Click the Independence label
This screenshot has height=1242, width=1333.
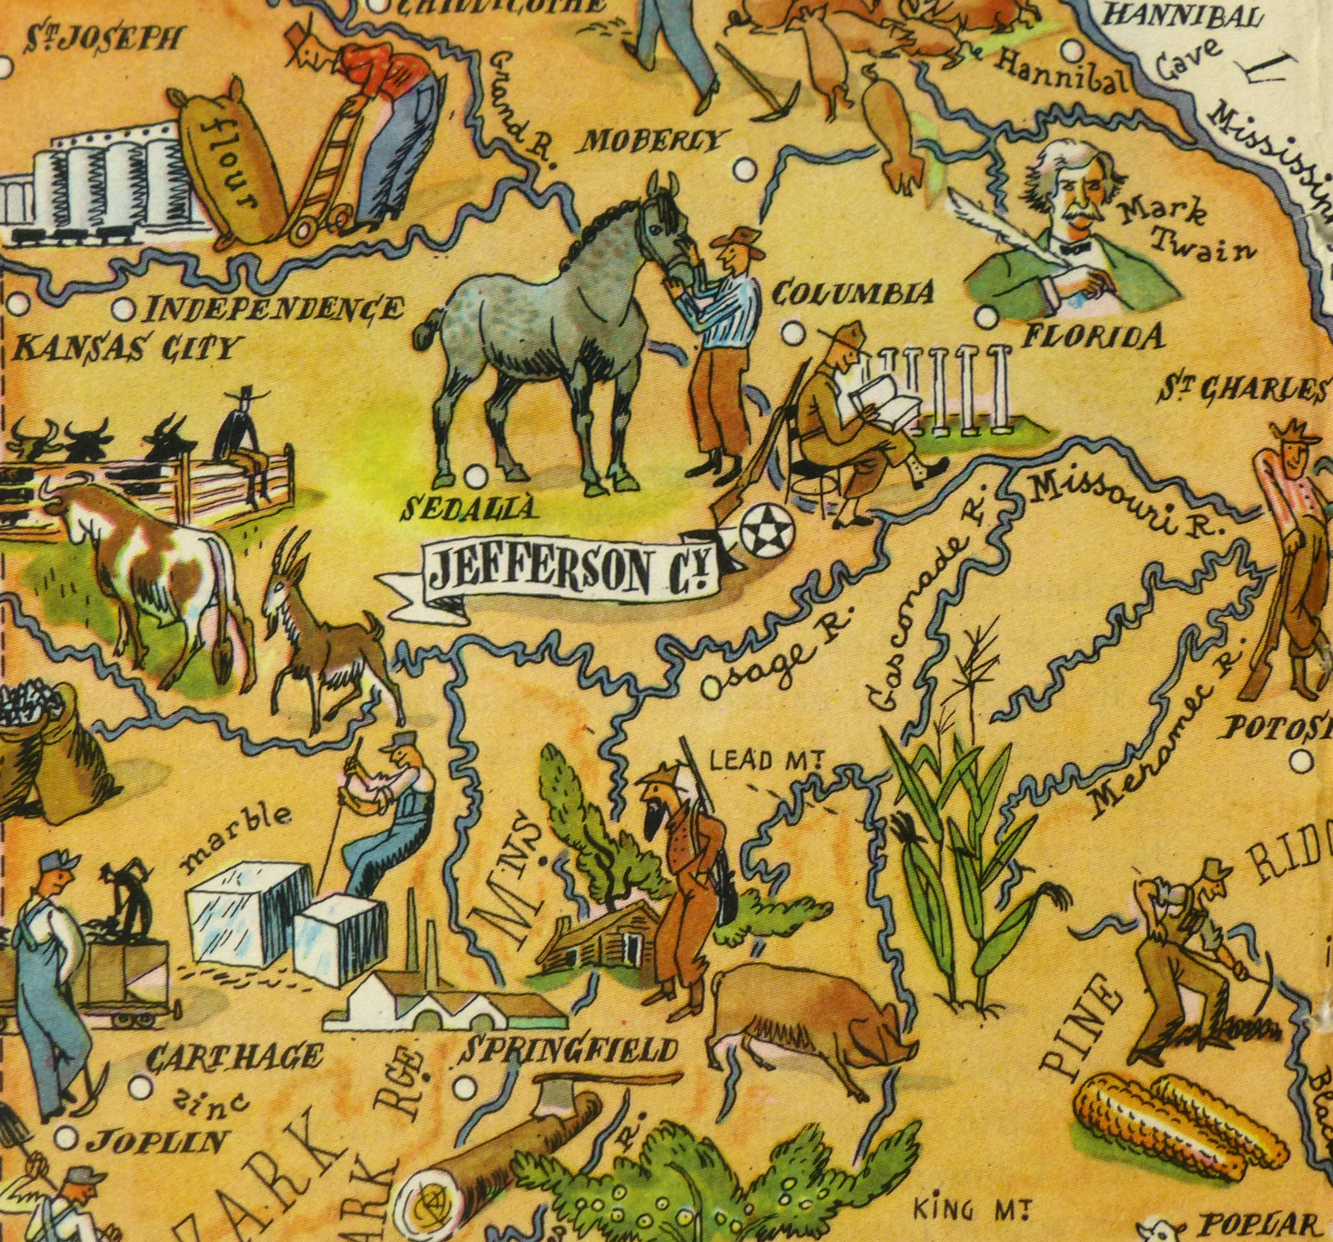[x=275, y=309]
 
